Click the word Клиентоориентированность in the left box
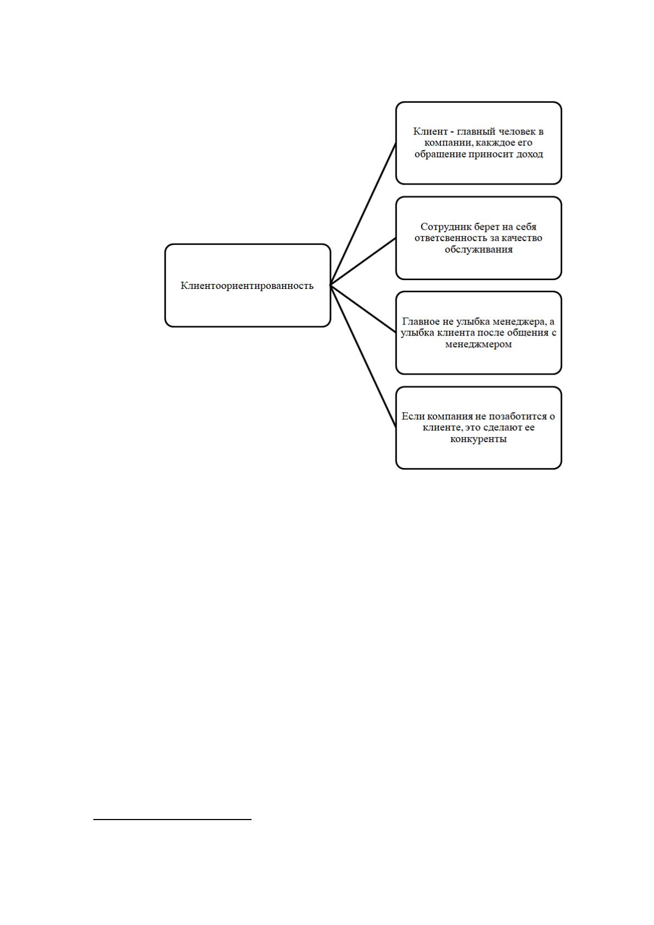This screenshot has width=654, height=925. tap(247, 285)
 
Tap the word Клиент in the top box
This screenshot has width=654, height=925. tap(430, 131)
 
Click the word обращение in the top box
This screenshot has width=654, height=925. tap(439, 155)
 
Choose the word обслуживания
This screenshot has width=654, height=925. tap(478, 249)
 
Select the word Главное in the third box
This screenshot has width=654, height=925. tap(421, 321)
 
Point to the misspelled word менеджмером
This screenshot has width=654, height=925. tap(478, 344)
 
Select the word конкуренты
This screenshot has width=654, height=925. tap(478, 439)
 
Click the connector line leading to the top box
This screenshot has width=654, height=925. tap(363, 214)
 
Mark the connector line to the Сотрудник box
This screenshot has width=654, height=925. tap(363, 261)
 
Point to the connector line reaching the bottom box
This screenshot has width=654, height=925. tap(363, 357)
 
